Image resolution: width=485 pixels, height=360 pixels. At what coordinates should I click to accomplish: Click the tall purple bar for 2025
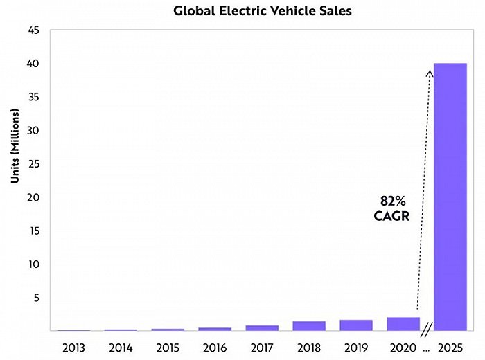click(450, 197)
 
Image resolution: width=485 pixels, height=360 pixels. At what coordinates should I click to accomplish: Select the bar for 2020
click(403, 324)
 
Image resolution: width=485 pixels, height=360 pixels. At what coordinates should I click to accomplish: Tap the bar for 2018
click(309, 326)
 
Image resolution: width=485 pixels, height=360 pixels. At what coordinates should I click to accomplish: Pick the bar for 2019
click(356, 325)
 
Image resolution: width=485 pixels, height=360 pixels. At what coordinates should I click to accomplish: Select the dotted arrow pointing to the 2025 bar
click(423, 187)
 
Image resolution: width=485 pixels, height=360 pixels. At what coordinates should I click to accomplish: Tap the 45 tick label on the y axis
click(34, 30)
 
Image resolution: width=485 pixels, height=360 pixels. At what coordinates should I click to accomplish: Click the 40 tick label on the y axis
click(34, 64)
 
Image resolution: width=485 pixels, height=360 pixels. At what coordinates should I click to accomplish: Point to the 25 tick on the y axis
click(34, 164)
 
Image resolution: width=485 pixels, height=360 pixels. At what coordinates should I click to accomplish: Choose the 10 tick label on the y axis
click(34, 264)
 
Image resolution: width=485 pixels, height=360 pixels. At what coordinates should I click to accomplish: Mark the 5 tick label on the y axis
click(37, 298)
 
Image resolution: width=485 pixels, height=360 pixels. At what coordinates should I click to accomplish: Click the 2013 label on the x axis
click(73, 345)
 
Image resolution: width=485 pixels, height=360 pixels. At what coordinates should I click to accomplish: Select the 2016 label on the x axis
click(215, 345)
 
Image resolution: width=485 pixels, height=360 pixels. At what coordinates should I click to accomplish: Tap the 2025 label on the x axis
click(450, 345)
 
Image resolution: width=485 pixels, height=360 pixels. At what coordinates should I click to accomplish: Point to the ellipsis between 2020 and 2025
click(426, 346)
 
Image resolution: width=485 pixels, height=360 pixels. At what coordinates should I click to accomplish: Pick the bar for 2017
click(262, 327)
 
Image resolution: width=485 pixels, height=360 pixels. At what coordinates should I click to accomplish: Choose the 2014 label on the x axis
click(121, 345)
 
